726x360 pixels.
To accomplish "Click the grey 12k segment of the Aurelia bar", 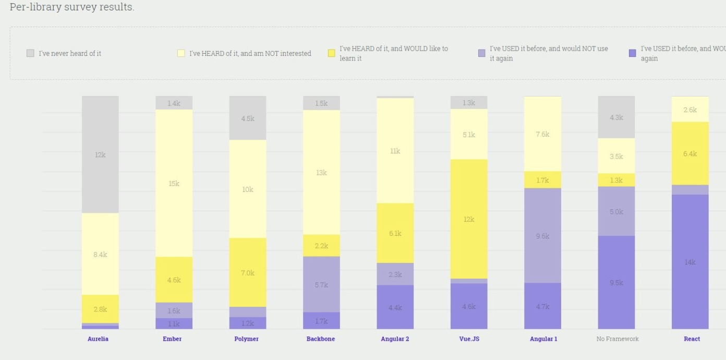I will click(x=100, y=154).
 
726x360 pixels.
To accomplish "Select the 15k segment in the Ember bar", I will click(x=174, y=183).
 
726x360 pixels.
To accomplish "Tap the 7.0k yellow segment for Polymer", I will click(x=248, y=272).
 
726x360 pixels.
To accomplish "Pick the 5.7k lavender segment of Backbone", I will click(x=322, y=284).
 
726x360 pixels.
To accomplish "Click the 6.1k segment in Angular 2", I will click(x=395, y=233).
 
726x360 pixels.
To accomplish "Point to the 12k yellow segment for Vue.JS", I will click(x=469, y=219).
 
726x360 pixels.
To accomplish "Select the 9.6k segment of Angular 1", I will click(x=542, y=236).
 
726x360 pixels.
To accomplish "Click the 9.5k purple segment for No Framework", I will click(x=616, y=282).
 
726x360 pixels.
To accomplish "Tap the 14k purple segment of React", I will click(x=690, y=262).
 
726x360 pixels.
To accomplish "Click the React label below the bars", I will click(x=692, y=339).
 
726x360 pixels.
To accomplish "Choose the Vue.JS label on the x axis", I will click(x=469, y=339).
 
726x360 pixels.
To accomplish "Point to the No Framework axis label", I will click(x=618, y=339).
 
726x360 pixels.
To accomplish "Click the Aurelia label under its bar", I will click(x=98, y=339).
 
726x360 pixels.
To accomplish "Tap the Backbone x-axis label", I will click(x=321, y=339).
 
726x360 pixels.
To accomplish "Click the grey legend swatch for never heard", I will click(x=30, y=53).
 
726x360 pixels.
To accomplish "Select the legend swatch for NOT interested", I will click(x=181, y=53).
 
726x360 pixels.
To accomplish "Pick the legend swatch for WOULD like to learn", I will click(x=331, y=53).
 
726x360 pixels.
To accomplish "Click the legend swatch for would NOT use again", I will click(x=482, y=53).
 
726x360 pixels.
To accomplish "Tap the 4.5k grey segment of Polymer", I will click(x=248, y=118).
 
